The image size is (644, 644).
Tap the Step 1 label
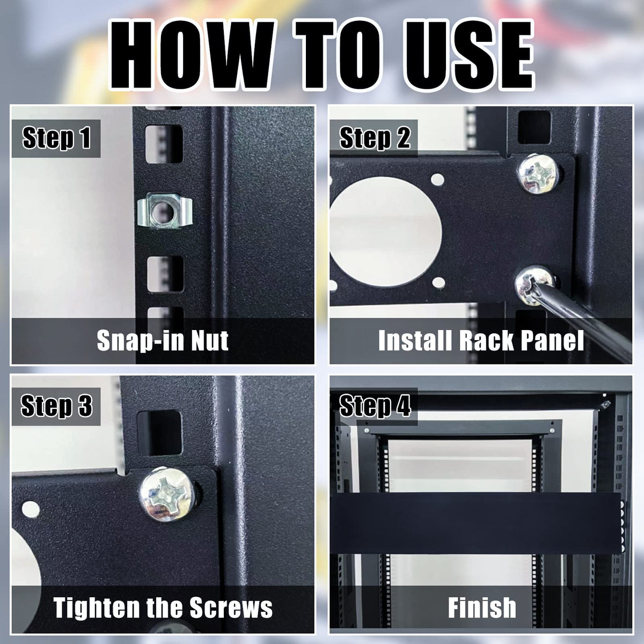[x=56, y=138]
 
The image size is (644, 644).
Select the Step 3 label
[x=56, y=406]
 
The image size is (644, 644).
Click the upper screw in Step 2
[x=538, y=174]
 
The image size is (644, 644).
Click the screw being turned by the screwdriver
[x=534, y=285]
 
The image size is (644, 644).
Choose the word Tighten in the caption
[x=96, y=607]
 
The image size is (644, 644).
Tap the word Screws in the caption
[x=231, y=607]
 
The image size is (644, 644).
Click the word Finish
[x=482, y=607]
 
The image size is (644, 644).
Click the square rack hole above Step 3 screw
[x=159, y=433]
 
